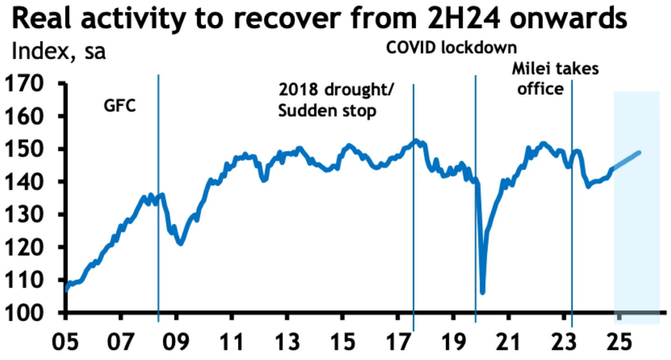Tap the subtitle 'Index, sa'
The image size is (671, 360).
59,51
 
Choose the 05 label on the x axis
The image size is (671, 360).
66,340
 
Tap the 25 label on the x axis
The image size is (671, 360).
619,340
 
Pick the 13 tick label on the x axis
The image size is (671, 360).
287,340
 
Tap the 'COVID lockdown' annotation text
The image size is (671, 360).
451,48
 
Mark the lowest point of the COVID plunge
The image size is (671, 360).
483,292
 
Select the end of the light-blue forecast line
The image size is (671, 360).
639,152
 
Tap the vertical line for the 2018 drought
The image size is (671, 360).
414,226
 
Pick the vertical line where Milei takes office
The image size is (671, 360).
572,226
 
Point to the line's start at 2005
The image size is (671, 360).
67,290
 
